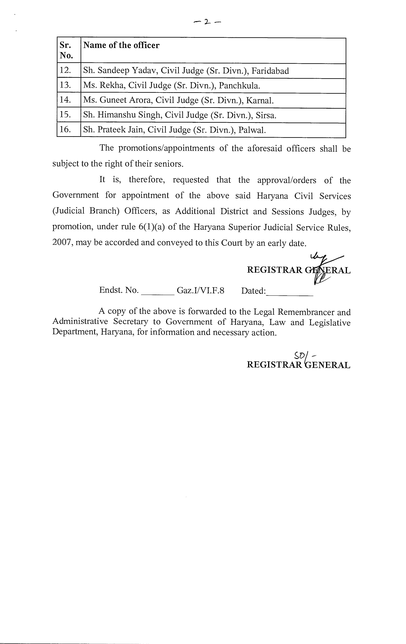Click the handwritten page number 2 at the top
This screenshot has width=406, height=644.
pyautogui.click(x=207, y=22)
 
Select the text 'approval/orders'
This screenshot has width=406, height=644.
pyautogui.click(x=287, y=180)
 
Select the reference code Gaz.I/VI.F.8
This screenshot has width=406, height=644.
pyautogui.click(x=200, y=290)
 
